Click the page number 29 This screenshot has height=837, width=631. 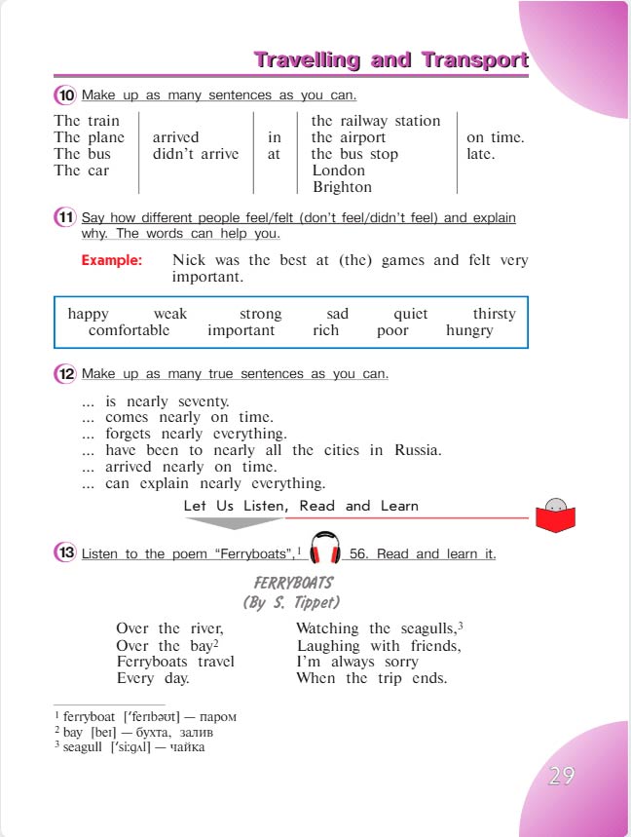(x=561, y=776)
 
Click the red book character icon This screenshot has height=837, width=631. (x=556, y=514)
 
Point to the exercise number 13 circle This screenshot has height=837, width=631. (x=65, y=553)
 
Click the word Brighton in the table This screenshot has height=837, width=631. (x=342, y=187)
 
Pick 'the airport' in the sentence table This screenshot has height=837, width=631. (x=348, y=137)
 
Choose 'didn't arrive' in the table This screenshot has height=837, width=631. (x=195, y=154)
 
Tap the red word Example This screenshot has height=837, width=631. (x=111, y=260)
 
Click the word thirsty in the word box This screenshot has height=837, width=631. (x=494, y=314)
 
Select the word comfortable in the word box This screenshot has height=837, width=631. (x=129, y=330)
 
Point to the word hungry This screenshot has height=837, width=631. (x=469, y=330)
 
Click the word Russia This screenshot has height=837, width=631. (x=418, y=450)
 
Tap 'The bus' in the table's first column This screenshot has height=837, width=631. (x=83, y=154)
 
